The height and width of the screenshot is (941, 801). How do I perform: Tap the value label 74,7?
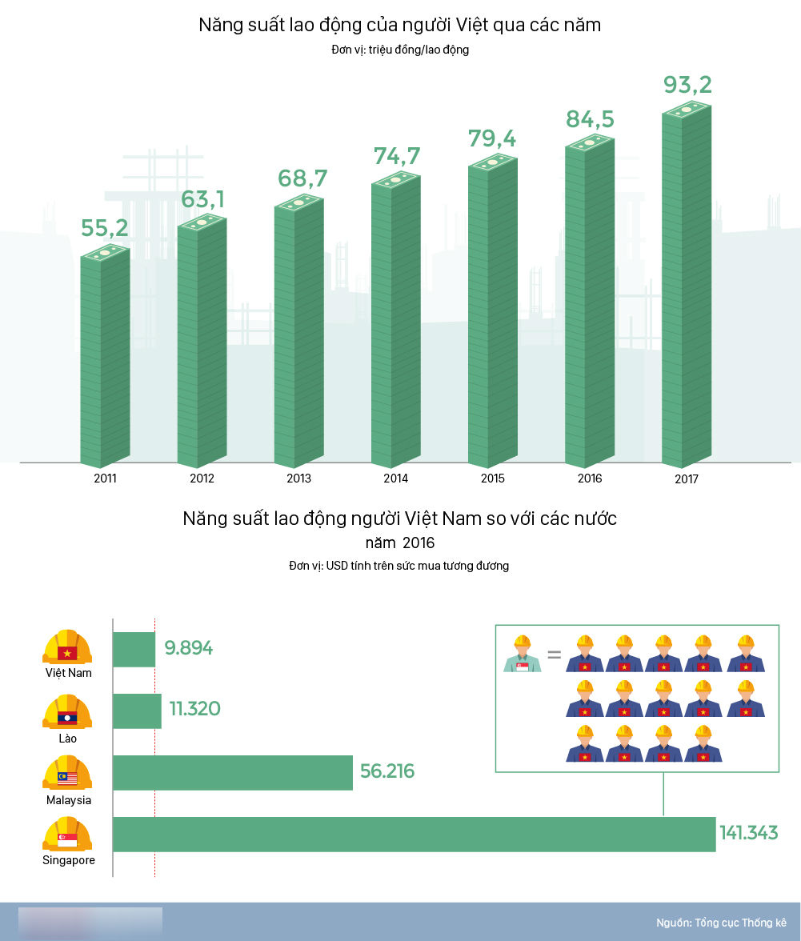(x=397, y=156)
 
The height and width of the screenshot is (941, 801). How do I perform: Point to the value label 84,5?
(x=590, y=119)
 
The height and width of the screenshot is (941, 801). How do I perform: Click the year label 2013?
(x=298, y=479)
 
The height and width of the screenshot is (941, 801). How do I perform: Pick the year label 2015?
(x=492, y=479)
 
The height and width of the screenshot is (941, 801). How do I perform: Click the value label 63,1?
(x=202, y=199)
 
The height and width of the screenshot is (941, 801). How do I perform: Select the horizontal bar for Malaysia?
(x=233, y=772)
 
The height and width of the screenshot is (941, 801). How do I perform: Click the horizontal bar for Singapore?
(x=414, y=834)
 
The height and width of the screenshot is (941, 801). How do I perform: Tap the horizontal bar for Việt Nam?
(x=134, y=649)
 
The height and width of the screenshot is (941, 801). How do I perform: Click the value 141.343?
(x=748, y=833)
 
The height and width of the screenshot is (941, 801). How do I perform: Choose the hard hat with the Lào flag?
(x=67, y=711)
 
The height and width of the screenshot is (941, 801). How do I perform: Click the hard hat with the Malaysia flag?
(x=67, y=772)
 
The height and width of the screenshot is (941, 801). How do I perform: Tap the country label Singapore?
(x=69, y=860)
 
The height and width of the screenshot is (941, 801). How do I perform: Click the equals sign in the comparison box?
(x=554, y=655)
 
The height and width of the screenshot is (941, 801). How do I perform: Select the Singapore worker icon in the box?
(x=522, y=654)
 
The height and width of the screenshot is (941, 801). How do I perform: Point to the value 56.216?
(x=387, y=771)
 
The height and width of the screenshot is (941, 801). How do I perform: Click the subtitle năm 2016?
(x=400, y=543)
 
